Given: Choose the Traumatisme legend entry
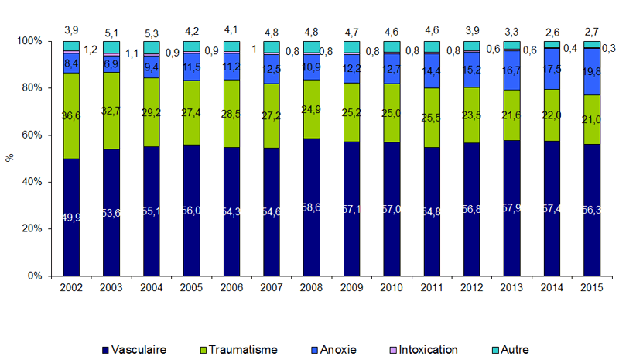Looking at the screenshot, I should click(243, 349).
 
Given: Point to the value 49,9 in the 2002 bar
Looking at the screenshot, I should click(72, 217).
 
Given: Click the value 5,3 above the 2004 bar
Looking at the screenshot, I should click(152, 33).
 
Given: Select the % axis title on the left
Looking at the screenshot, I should click(10, 157).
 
